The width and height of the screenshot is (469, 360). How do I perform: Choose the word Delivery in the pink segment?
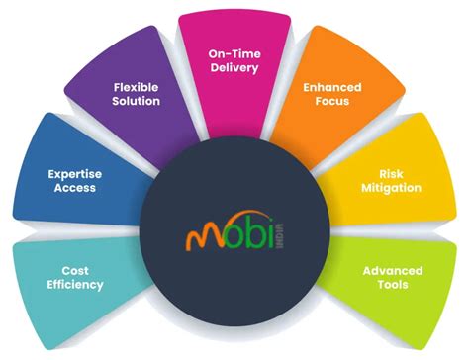[234, 70]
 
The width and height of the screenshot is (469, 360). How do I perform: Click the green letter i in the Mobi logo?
[270, 237]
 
